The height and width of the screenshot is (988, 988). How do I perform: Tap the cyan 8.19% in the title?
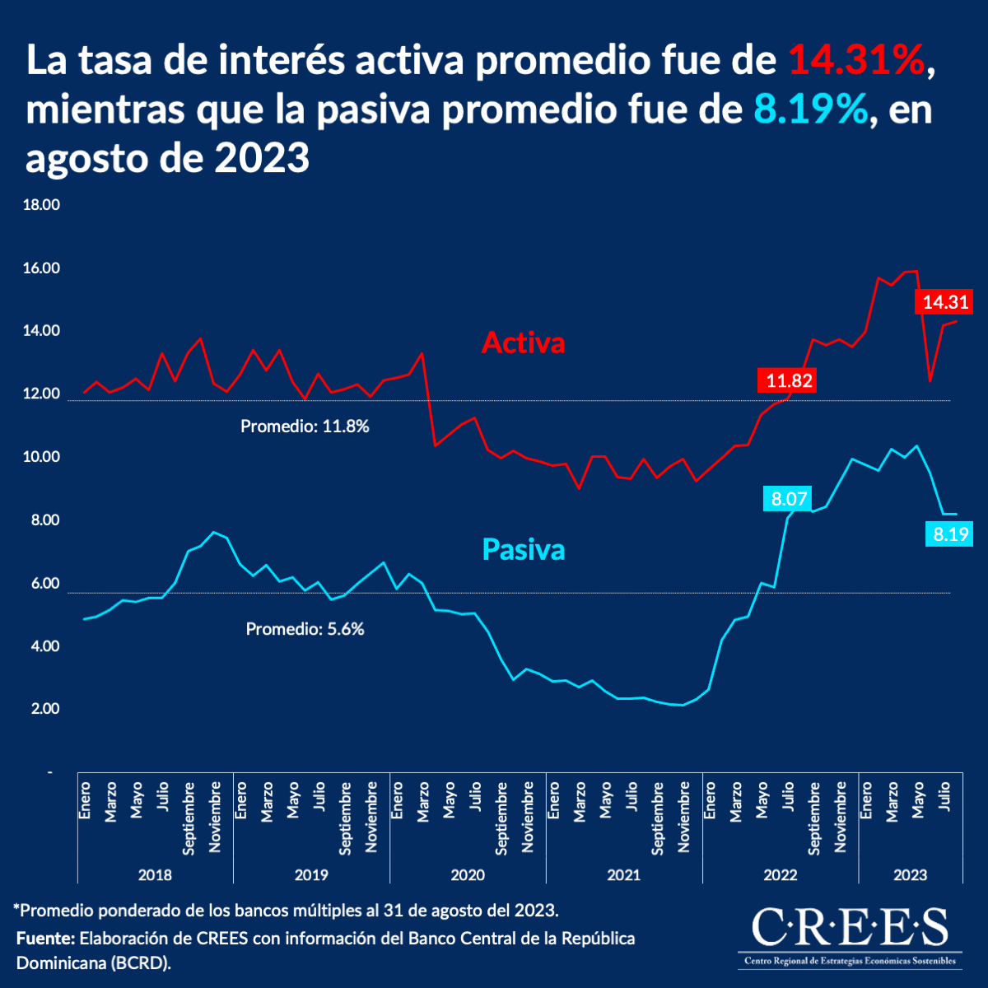point(811,110)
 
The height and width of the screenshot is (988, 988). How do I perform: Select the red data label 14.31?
point(945,302)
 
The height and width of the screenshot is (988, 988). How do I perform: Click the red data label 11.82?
point(789,380)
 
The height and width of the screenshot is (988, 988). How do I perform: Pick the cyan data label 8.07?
point(789,498)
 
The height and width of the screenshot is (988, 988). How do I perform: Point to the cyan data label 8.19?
point(951,534)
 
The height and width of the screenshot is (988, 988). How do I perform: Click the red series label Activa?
point(523,343)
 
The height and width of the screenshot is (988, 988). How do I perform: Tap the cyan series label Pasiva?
point(523,549)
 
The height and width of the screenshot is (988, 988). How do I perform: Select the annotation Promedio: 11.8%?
point(305,426)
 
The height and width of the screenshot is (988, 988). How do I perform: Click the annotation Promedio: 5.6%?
point(305,629)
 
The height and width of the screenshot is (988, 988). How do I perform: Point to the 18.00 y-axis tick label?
point(41,205)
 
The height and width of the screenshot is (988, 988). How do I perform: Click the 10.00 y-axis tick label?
point(41,458)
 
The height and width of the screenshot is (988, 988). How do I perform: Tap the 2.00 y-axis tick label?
point(45,709)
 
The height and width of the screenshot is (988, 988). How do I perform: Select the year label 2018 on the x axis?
point(155,874)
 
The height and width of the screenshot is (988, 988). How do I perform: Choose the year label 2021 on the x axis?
point(623,874)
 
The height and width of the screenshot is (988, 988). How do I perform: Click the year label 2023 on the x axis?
point(910,874)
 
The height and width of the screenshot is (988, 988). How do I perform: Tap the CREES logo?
point(850,934)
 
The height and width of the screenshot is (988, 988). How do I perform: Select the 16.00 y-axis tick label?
point(41,268)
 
